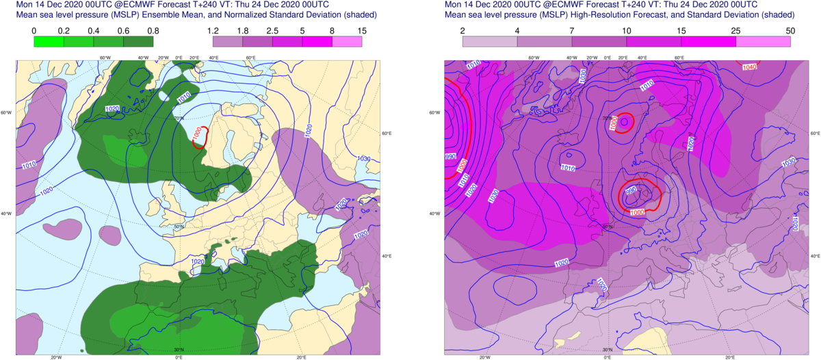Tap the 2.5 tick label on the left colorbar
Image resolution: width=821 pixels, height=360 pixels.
tap(272, 30)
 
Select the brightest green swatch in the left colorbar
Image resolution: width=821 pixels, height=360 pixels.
tap(49, 41)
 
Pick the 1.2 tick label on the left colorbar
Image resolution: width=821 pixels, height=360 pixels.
tap(212, 30)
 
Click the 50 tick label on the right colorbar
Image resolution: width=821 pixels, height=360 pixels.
tap(790, 30)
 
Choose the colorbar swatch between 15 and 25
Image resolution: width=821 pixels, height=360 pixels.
tap(708, 41)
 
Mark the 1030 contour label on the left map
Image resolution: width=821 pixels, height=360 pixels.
tap(364, 159)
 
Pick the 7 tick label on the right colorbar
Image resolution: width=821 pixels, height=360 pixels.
tap(571, 30)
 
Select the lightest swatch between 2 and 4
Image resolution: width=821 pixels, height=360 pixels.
tap(490, 41)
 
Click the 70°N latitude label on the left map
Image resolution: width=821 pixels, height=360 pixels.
tap(180, 118)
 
